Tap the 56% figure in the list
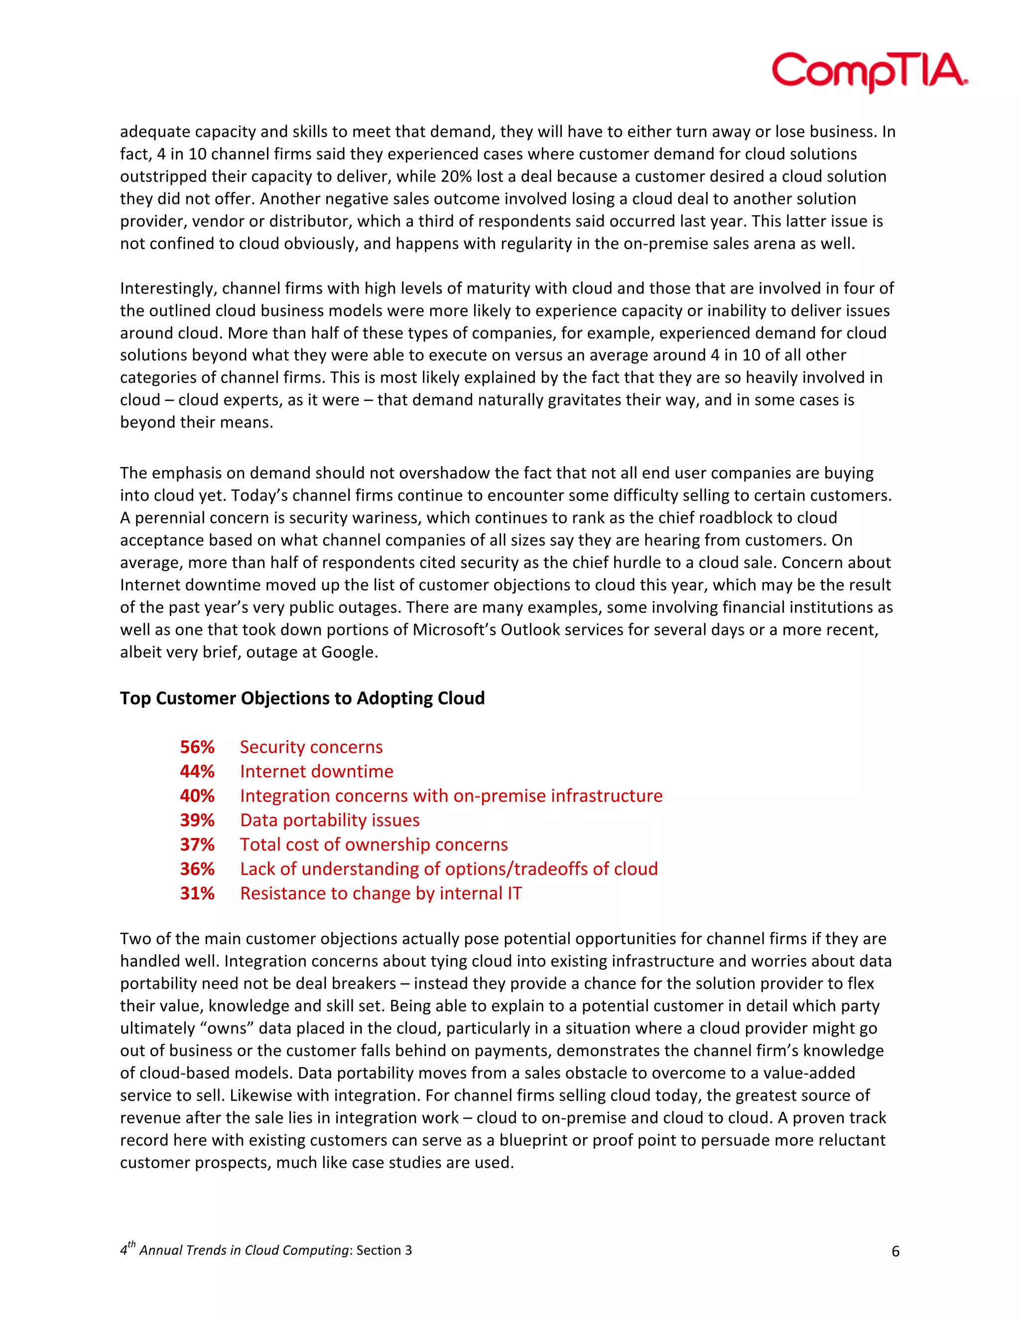(x=197, y=747)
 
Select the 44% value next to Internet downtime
(x=197, y=771)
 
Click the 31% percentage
(x=197, y=893)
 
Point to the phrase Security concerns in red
(x=311, y=747)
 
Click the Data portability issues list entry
(x=329, y=820)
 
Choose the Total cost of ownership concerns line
(x=374, y=844)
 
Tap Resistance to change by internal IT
(x=381, y=893)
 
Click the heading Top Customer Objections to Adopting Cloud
(x=302, y=698)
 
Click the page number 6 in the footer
(x=895, y=1251)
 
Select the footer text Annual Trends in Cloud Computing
(x=244, y=1250)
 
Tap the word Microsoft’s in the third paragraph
(x=454, y=630)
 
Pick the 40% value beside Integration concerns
(x=197, y=796)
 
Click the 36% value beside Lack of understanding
(x=197, y=869)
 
